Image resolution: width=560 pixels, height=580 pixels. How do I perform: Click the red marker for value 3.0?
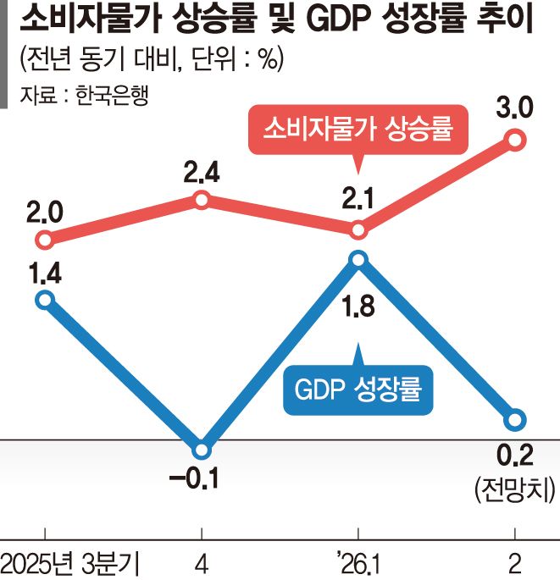coord(516,140)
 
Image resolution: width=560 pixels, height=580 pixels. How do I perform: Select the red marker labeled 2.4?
coord(202,200)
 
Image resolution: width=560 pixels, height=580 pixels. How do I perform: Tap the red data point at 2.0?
coord(45,240)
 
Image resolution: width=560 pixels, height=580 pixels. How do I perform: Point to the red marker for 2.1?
coord(358,230)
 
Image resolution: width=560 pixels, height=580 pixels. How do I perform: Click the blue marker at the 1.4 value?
coord(45,299)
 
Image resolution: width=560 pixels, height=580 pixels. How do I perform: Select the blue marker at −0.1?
coord(202,450)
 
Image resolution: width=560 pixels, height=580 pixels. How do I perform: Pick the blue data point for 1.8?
coord(358,260)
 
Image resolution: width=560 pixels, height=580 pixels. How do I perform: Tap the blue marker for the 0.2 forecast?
coord(516,420)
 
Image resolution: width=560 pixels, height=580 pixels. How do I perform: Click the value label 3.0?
coord(515,108)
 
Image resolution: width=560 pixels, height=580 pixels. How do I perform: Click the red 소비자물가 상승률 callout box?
coord(358,130)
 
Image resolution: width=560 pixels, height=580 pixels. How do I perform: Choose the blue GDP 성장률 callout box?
coord(358,389)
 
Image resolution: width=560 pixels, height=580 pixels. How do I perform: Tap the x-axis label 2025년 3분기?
coord(70,565)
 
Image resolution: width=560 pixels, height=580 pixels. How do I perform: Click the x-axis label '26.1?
coord(358,565)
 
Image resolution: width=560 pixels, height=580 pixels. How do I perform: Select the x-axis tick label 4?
coord(202,565)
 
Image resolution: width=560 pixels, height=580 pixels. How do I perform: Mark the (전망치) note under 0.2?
coord(515,489)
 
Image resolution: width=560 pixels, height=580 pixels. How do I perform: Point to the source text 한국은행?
coord(112,95)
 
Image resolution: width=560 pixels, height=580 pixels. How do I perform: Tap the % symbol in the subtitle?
coord(268,58)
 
